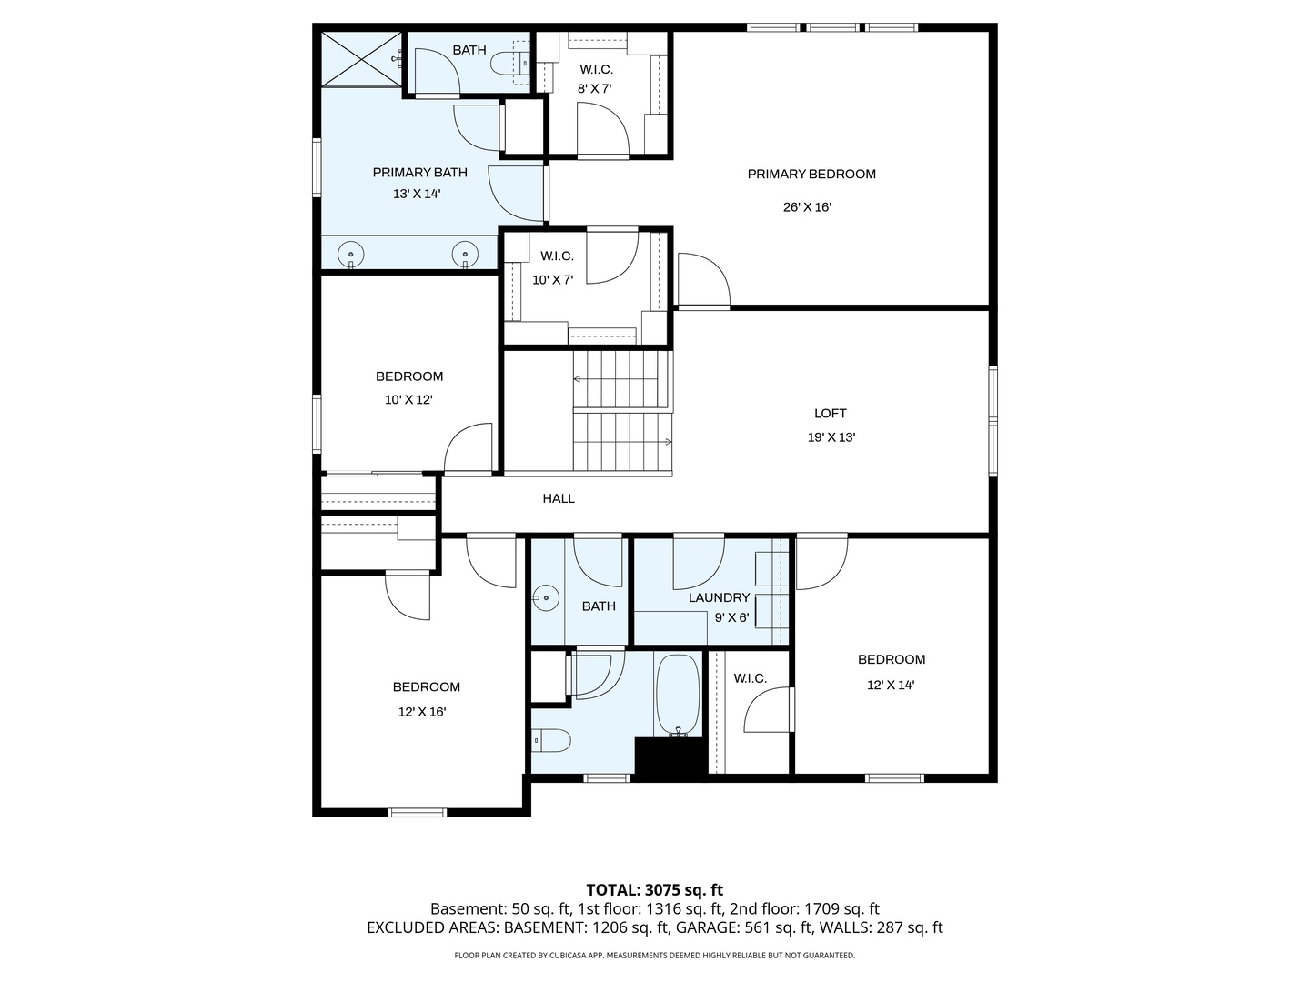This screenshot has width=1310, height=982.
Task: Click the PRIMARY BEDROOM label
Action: click(x=811, y=175)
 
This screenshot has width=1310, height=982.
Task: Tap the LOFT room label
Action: click(x=830, y=414)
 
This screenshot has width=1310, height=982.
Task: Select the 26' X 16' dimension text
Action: click(x=807, y=207)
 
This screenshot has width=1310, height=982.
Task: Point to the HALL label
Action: click(x=559, y=498)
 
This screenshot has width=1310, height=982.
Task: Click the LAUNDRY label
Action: click(x=719, y=597)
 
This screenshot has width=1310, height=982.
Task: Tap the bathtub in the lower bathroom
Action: click(x=677, y=695)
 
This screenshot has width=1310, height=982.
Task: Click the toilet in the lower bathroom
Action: click(x=551, y=741)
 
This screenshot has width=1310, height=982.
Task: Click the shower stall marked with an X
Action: click(x=361, y=58)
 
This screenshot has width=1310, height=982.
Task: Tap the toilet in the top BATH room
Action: click(x=506, y=63)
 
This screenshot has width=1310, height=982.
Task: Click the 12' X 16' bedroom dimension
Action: click(x=422, y=712)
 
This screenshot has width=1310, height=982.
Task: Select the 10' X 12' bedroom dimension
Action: click(x=408, y=400)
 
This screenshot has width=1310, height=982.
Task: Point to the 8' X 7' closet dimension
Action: click(x=595, y=89)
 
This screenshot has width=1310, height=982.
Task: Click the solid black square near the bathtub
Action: click(x=670, y=757)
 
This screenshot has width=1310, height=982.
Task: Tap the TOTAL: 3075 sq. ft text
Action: click(x=654, y=890)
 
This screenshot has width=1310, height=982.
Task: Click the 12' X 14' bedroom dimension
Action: click(x=891, y=686)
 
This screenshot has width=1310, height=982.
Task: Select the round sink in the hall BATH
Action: click(x=545, y=598)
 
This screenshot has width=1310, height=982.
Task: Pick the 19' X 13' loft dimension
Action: click(x=831, y=437)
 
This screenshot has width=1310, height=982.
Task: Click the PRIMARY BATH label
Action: click(x=419, y=173)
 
